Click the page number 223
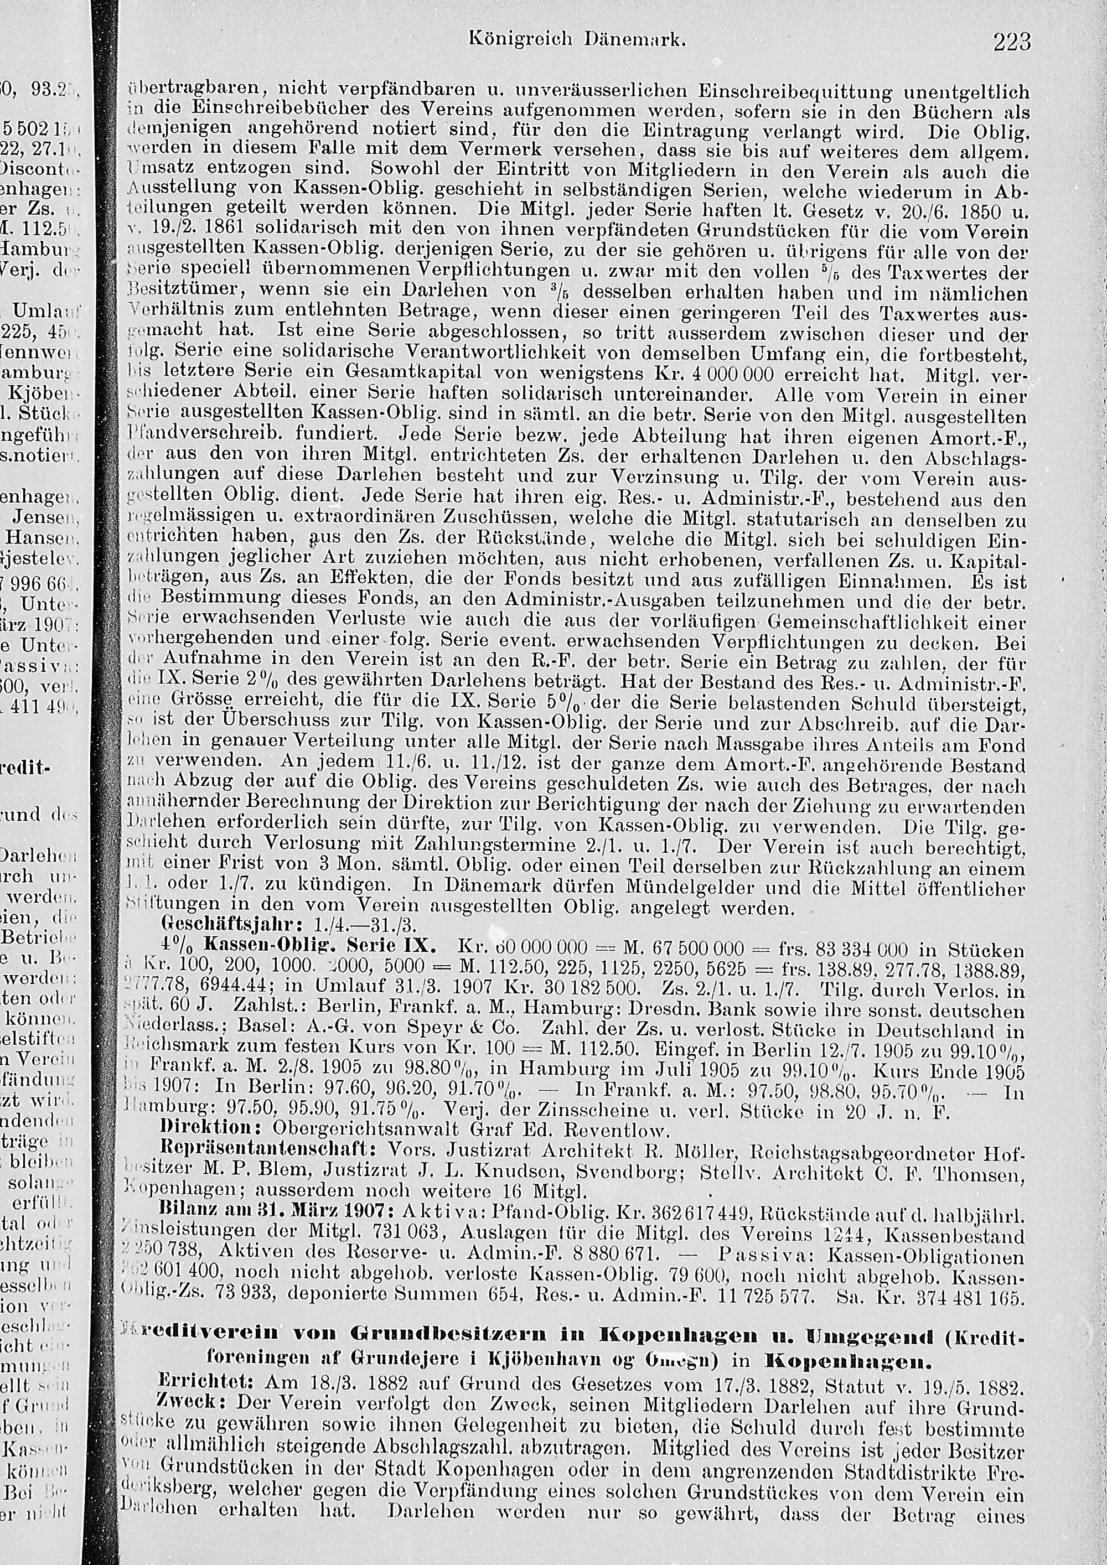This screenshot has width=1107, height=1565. coord(1012,42)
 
